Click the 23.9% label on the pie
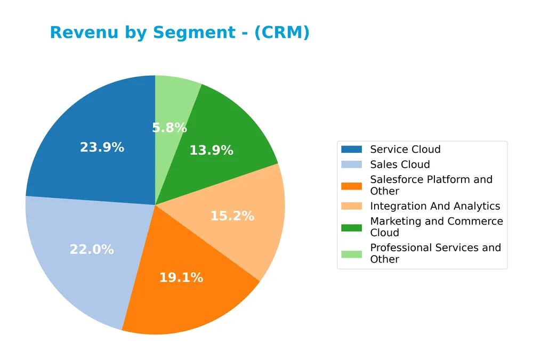pos(102,148)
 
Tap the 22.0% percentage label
pos(92,249)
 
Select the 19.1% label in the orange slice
pos(181,277)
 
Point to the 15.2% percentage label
pos(232,216)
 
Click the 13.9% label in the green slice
pos(211,151)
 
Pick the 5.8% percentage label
pos(169,128)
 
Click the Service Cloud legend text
pos(405,150)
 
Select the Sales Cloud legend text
pos(400,165)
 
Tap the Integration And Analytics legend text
pos(435,206)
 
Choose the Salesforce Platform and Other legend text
pos(431,185)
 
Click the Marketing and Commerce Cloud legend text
pos(436,227)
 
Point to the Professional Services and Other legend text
pos(435,253)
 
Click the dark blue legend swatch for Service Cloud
pos(351,150)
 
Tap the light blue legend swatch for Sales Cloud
pos(351,165)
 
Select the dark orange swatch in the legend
pos(351,185)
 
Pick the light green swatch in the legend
pos(351,253)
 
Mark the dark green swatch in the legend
pos(351,227)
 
